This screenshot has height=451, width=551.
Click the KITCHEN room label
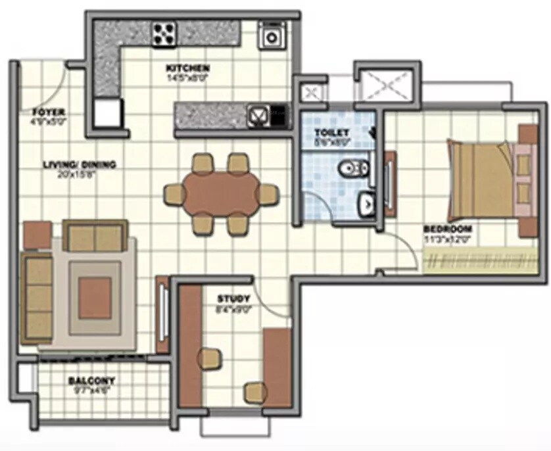click(187, 68)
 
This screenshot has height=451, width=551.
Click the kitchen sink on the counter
click(258, 116)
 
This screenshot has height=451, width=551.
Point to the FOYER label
click(47, 112)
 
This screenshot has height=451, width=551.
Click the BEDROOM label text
click(447, 229)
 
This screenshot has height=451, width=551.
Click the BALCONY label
click(91, 380)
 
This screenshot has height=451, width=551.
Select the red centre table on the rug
click(95, 297)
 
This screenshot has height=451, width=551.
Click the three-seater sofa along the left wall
click(37, 298)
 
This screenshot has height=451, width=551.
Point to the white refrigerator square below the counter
click(107, 113)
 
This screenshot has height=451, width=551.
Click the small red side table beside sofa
click(37, 235)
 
